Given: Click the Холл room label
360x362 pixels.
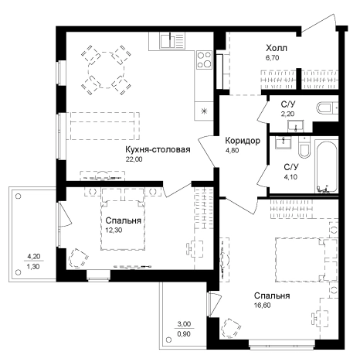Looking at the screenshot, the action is click(277, 48).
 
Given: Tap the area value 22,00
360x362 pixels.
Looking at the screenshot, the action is click(134, 159).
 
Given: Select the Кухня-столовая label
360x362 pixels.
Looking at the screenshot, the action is click(158, 149).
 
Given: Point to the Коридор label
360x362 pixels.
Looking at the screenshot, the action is click(243, 141).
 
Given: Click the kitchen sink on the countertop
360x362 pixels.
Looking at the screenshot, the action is click(172, 40).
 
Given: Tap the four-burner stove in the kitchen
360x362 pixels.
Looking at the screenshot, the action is click(204, 60).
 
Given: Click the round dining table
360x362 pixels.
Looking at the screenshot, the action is click(106, 70).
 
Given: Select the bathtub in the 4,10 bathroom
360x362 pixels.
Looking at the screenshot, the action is click(326, 166).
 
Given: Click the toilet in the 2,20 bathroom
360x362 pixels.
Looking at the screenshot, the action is click(327, 108).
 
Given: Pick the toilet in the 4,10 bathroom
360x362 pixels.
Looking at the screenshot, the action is click(304, 148).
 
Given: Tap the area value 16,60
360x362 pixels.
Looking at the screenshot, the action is click(262, 306).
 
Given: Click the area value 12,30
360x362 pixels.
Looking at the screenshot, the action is click(114, 231).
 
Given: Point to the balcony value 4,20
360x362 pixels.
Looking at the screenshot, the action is click(34, 257).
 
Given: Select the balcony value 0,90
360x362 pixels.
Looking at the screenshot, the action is click(184, 334).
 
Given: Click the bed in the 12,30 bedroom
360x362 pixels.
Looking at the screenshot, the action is click(123, 219).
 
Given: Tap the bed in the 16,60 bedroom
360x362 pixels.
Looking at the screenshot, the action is click(306, 260).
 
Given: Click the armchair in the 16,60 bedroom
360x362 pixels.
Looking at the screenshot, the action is click(231, 328).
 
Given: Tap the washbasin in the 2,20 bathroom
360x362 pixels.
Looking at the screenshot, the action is click(296, 126).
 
